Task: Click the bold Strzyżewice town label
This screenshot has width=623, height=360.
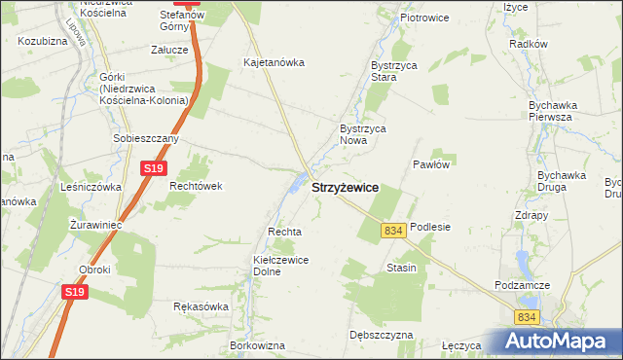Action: [x=345, y=188]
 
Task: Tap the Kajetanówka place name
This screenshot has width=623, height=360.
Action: [x=274, y=62]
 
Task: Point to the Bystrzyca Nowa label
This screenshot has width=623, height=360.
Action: [x=363, y=134]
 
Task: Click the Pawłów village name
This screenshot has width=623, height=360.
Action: [x=430, y=164]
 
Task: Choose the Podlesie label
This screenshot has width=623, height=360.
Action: [x=430, y=227]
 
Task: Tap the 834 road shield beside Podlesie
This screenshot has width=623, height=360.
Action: [x=393, y=231]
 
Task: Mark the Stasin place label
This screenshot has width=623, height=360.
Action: [x=401, y=268]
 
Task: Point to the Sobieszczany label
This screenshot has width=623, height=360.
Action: [x=146, y=138]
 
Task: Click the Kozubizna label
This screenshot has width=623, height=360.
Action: [x=41, y=42]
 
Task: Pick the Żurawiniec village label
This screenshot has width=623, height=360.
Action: [x=95, y=224]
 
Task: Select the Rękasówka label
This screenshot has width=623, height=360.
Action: [x=201, y=306]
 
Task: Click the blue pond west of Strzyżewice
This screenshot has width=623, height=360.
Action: [x=295, y=181]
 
